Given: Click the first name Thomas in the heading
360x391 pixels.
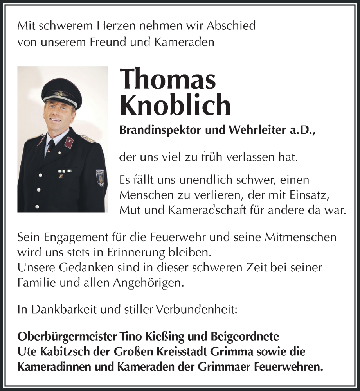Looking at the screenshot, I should (x=168, y=78).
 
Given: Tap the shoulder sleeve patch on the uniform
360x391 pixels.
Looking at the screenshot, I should (x=100, y=177).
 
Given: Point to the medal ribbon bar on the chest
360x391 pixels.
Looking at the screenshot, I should (x=65, y=170).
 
